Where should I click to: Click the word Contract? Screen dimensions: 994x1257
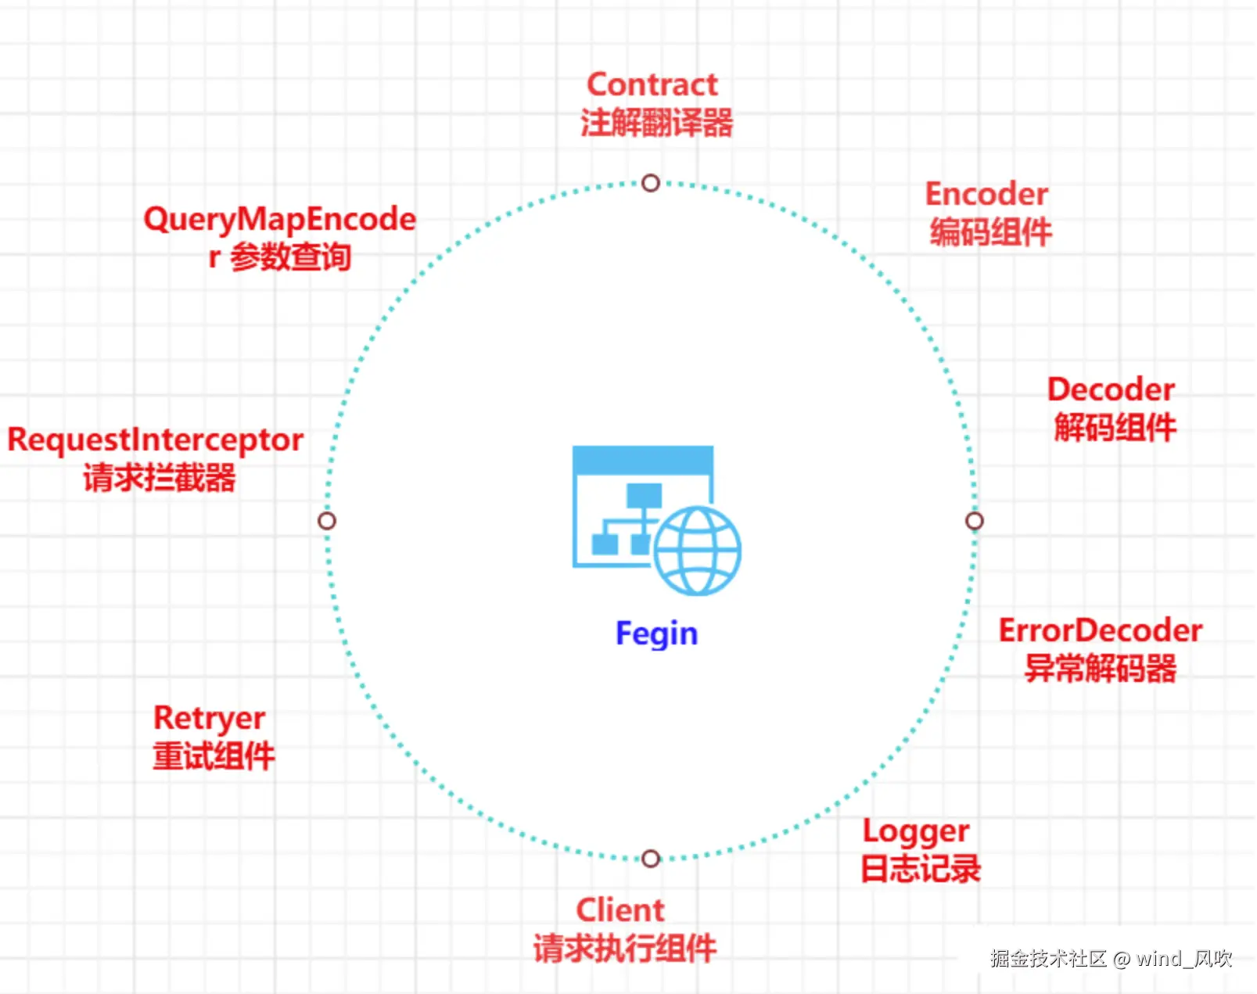coord(652,84)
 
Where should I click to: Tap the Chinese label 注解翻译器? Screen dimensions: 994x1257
coord(656,124)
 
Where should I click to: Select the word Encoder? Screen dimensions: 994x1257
coord(986,194)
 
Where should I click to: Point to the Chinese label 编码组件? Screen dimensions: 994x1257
coord(990,232)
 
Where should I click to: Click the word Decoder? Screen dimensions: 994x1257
coord(1111,389)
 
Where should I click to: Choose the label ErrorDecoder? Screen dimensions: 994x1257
coord(1100,630)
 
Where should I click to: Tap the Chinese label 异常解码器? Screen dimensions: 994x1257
coord(1100,669)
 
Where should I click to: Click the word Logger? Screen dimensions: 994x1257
coord(916,831)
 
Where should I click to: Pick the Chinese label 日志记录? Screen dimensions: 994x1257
coord(921,869)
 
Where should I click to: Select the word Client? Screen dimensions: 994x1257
coord(620,910)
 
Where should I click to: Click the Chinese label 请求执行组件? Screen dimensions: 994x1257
coord(624,949)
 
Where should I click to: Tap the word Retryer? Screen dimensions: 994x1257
coord(209,718)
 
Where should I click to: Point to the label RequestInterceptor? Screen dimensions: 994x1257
coord(155,440)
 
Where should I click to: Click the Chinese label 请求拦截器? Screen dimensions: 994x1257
coord(159,478)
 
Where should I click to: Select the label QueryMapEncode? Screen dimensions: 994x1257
coord(279,220)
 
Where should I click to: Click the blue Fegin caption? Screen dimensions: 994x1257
coord(656,633)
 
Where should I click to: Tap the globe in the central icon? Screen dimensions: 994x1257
coord(697,551)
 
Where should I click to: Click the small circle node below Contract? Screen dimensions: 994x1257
coord(651,183)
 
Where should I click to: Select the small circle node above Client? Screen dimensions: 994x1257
coord(651,859)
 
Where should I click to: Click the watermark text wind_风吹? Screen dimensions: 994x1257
coord(1183,959)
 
